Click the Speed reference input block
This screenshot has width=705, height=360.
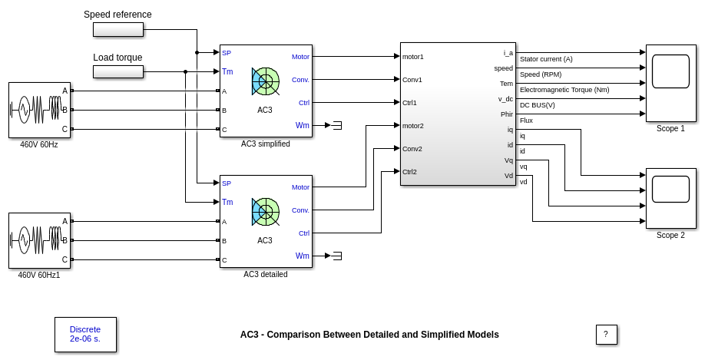[x=118, y=29]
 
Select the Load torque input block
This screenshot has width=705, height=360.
[x=118, y=71]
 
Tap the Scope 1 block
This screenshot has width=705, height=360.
[x=670, y=83]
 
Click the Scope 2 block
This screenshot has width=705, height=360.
[x=670, y=198]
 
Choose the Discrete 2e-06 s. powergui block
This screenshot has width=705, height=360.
[x=85, y=334]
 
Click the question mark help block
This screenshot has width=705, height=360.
[x=606, y=335]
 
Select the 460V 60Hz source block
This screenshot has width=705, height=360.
[x=39, y=110]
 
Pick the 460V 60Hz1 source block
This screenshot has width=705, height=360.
[x=39, y=240]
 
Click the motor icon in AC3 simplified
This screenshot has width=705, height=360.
[x=265, y=81]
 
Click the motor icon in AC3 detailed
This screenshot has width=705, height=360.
[x=265, y=212]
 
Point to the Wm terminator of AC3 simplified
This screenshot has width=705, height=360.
[x=336, y=125]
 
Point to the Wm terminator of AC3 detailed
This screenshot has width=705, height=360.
[x=336, y=256]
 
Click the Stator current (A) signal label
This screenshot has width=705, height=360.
[x=546, y=59]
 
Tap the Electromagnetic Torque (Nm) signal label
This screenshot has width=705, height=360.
[x=564, y=90]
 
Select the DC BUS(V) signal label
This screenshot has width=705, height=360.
[x=538, y=105]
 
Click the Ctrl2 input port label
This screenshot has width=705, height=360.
[x=410, y=172]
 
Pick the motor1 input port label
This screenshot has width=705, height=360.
[x=413, y=57]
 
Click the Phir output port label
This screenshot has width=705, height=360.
[x=507, y=114]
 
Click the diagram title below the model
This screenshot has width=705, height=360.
[x=369, y=335]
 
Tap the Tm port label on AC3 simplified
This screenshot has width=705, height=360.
[x=227, y=71]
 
